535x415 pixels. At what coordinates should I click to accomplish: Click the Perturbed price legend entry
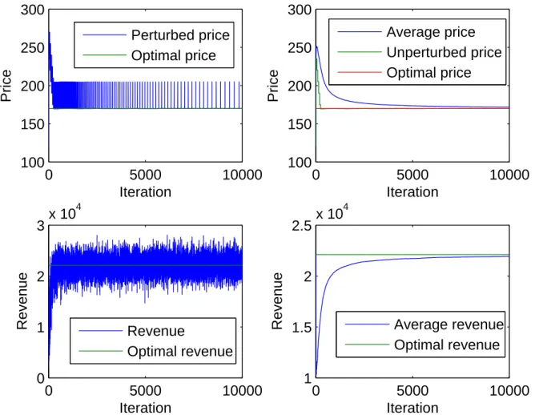click(180, 35)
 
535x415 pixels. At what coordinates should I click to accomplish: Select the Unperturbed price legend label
click(444, 52)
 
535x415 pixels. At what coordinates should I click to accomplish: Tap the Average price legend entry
click(431, 32)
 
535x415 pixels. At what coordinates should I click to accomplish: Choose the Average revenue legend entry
click(449, 324)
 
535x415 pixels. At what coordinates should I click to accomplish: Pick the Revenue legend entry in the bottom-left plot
click(156, 331)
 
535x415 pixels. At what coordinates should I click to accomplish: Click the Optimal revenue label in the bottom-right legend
click(447, 344)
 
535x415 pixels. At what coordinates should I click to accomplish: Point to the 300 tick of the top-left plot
click(32, 10)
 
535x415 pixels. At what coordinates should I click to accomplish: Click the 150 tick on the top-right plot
click(300, 124)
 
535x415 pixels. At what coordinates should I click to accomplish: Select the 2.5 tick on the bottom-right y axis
click(302, 226)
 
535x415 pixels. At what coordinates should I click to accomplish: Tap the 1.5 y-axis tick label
click(302, 328)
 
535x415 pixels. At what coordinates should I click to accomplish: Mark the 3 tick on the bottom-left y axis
click(41, 226)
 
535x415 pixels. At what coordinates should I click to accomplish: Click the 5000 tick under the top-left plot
click(145, 175)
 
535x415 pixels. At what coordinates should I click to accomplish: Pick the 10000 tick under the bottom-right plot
click(509, 391)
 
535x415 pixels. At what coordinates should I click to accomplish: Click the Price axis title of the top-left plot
click(6, 86)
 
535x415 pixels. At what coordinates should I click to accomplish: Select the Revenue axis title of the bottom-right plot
click(277, 301)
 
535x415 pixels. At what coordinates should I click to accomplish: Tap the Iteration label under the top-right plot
click(412, 192)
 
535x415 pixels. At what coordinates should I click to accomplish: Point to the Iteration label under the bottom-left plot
click(145, 408)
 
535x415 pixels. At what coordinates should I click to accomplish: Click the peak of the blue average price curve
click(317, 46)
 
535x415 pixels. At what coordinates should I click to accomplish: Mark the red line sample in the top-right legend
click(360, 72)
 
